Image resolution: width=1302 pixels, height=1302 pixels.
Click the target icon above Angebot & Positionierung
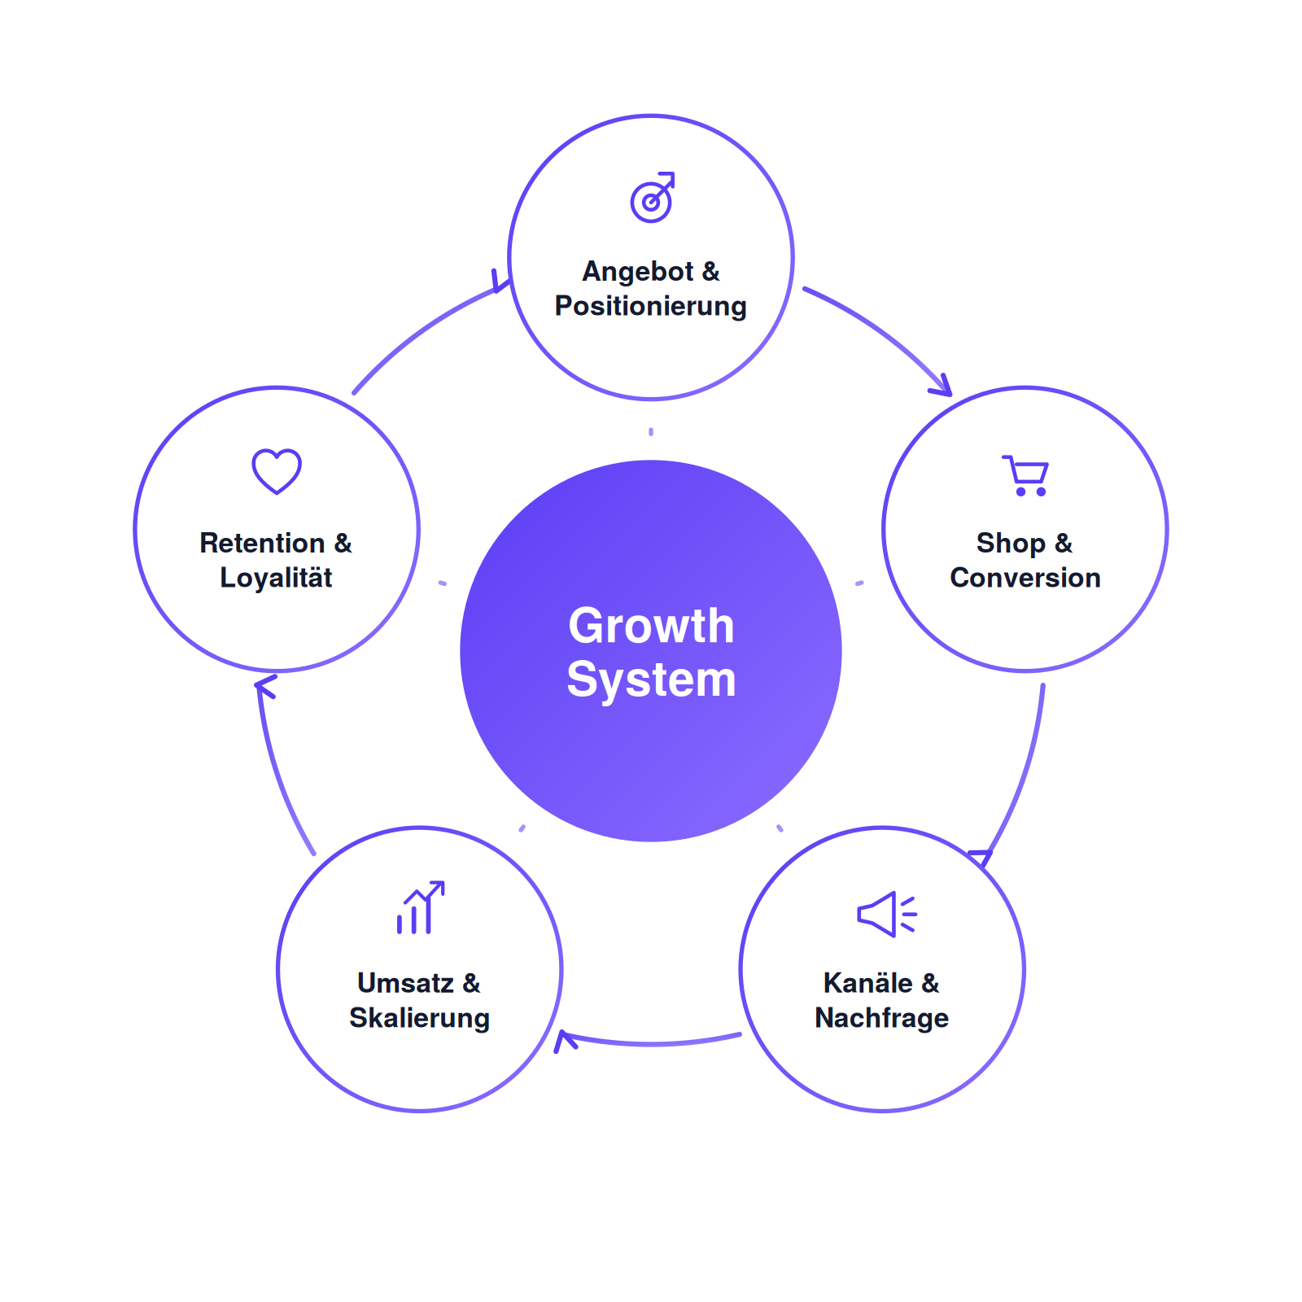coord(652,198)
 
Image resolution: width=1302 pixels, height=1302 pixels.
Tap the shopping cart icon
coord(1025,475)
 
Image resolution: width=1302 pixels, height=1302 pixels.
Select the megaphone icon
coord(887,914)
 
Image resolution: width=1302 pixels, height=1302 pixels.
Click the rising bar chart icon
coord(420,907)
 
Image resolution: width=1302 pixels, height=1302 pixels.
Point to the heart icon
coord(277,471)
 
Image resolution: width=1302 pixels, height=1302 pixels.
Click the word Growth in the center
coord(651,626)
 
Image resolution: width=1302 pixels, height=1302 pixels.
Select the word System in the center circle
coord(651,679)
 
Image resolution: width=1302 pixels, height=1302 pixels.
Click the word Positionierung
coord(651,307)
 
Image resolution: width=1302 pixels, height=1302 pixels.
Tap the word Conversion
coord(1025,578)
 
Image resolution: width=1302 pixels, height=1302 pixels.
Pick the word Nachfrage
coord(882,1018)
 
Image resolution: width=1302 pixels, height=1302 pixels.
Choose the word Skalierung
coord(420,1018)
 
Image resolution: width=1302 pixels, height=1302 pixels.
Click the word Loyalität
coord(277,578)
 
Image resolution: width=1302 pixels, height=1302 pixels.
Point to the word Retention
coord(263,543)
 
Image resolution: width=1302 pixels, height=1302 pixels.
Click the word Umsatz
coord(406,983)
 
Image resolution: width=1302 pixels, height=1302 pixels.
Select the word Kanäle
coord(868,983)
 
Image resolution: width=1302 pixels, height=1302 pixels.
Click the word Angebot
coord(638,272)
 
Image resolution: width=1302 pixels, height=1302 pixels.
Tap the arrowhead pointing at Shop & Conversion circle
coord(942,386)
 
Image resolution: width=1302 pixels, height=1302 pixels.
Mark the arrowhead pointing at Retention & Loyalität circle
coord(264,686)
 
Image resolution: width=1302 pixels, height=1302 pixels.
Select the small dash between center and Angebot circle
coord(651,431)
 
